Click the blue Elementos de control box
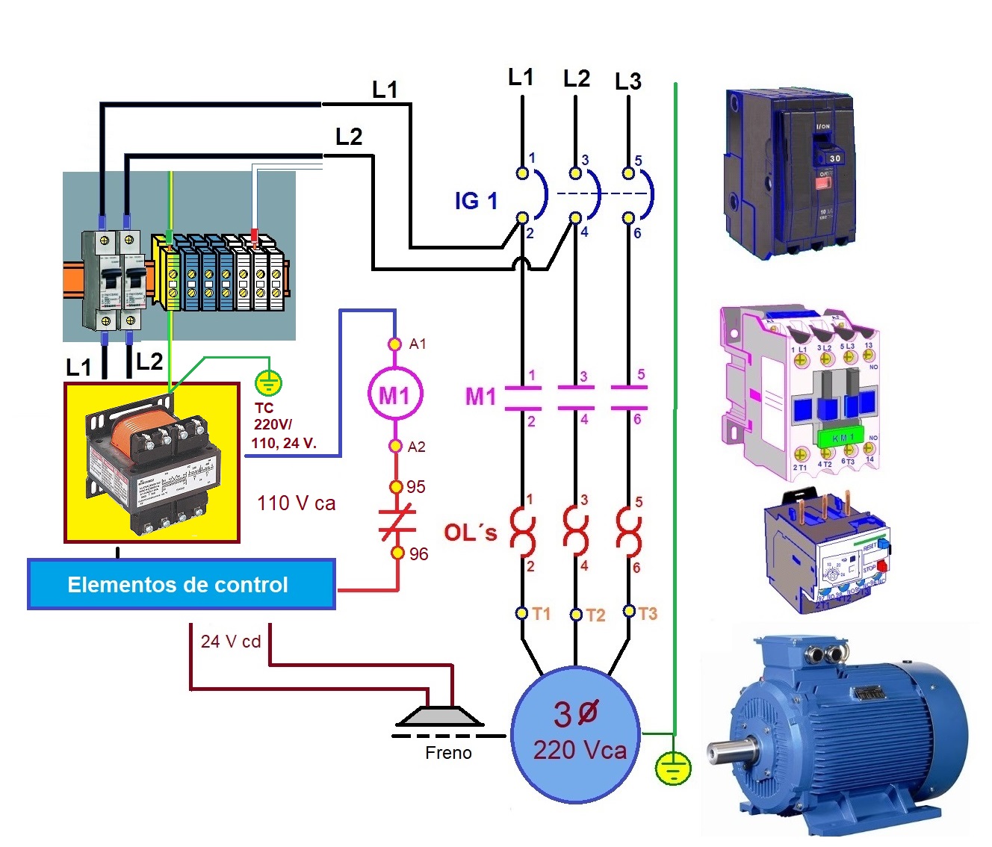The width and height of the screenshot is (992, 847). (181, 584)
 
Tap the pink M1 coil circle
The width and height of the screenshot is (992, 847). (394, 394)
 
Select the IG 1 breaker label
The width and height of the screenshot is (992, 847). (476, 201)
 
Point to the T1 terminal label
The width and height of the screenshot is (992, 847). (542, 614)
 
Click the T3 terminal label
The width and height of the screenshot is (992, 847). (648, 614)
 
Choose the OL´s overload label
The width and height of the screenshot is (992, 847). (470, 533)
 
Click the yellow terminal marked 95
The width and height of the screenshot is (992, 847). (397, 487)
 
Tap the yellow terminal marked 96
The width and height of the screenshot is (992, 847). (397, 553)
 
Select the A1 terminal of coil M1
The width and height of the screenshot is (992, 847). (395, 344)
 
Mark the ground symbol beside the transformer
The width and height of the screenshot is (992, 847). (268, 383)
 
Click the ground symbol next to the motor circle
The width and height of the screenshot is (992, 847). (673, 768)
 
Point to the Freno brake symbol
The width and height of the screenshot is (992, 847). (440, 717)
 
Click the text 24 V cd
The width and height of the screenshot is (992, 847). (231, 642)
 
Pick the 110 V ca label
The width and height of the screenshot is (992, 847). (297, 503)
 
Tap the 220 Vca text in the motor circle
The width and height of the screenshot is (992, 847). (580, 749)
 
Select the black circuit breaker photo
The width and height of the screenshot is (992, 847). (790, 174)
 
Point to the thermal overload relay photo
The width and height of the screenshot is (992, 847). (827, 553)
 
